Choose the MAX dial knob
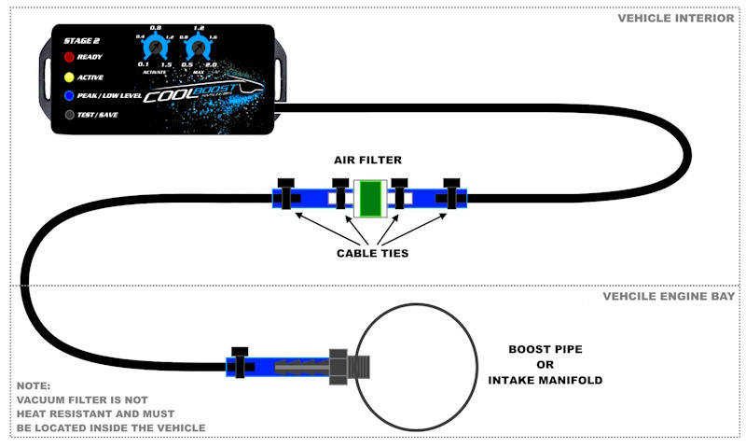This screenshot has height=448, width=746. tap(196, 48)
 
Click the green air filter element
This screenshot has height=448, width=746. tap(370, 197)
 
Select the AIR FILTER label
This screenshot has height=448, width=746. tap(368, 160)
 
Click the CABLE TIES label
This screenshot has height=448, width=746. tap(370, 252)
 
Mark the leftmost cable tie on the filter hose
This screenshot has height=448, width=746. tap(285, 195)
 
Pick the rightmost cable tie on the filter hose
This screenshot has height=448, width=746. tap(453, 195)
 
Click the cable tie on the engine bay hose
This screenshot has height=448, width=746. tap(241, 363)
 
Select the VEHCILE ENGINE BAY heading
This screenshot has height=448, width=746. tap(669, 296)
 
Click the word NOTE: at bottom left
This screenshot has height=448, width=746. tap(35, 385)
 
